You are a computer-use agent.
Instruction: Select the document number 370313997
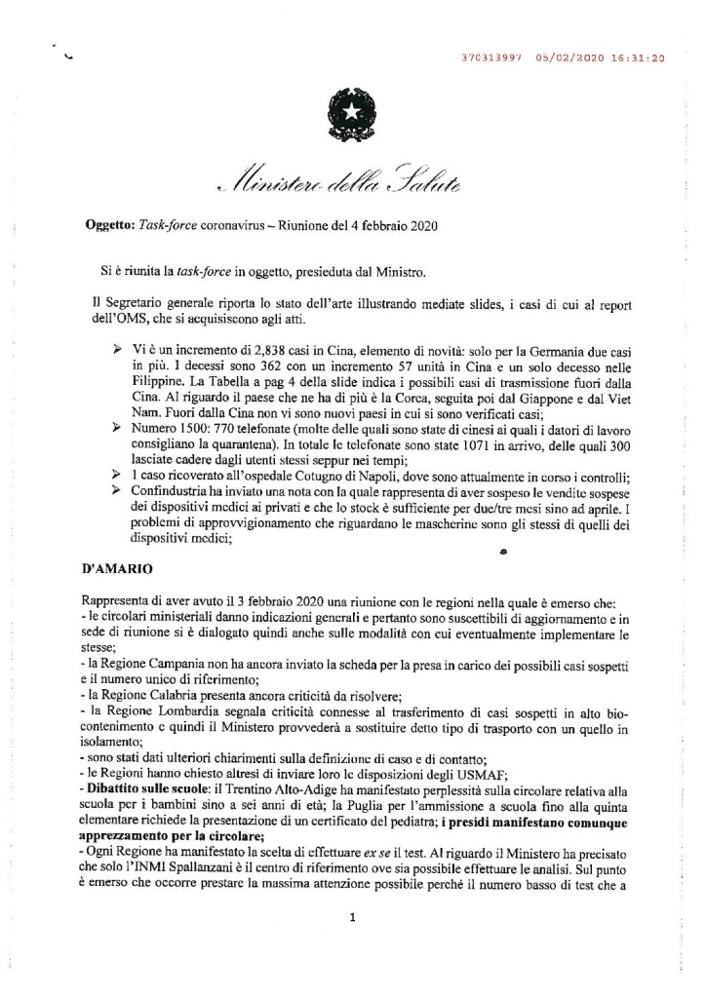click(490, 58)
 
